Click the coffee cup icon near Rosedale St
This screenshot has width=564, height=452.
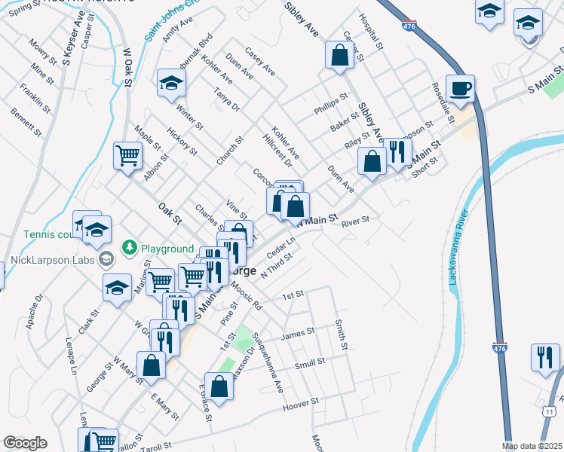tap(460, 88)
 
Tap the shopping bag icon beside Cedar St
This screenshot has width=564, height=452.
tap(339, 54)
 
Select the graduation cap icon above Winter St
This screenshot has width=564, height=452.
tap(171, 83)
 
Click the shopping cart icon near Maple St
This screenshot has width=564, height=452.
tap(127, 155)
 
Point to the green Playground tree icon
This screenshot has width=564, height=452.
tap(130, 248)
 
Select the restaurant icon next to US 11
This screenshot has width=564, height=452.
tap(544, 356)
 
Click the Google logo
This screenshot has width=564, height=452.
tap(25, 443)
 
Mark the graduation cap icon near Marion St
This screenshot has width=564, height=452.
tap(117, 287)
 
